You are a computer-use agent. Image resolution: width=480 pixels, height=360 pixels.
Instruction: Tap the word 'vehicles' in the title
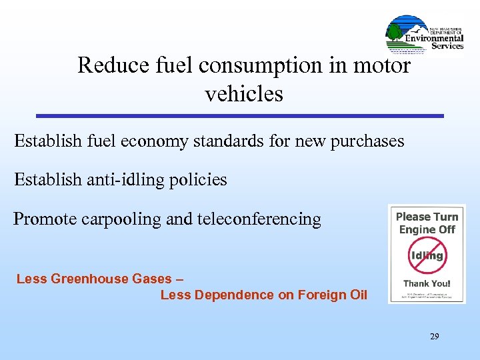(x=244, y=93)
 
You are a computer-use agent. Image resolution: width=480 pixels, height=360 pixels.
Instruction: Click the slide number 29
(x=434, y=337)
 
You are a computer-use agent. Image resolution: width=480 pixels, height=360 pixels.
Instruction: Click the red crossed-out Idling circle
(x=427, y=255)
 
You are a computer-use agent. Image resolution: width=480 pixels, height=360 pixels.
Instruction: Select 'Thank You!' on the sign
(x=427, y=283)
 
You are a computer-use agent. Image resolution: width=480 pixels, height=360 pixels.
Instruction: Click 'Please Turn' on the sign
(x=427, y=217)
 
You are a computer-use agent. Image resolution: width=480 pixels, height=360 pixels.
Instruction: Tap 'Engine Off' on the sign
(x=427, y=229)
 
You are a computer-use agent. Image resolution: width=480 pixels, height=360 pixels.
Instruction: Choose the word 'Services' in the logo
(x=447, y=46)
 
